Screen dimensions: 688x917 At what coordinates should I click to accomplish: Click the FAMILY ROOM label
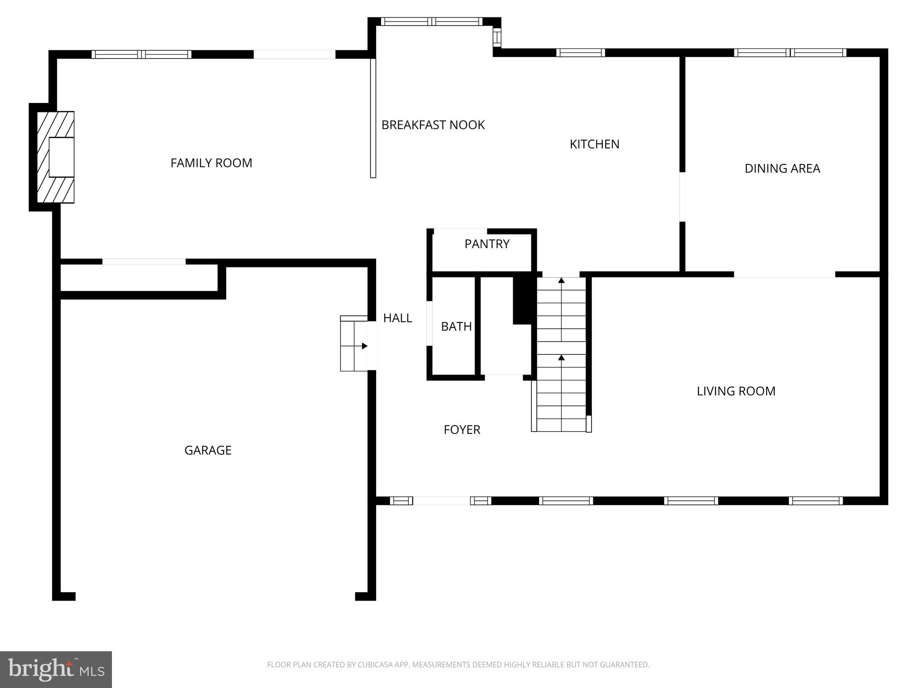click(x=211, y=163)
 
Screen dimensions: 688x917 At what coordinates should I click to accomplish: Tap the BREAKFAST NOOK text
click(x=433, y=125)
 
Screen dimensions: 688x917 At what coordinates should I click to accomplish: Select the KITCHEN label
click(x=594, y=144)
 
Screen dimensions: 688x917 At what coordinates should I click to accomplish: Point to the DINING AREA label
click(x=782, y=168)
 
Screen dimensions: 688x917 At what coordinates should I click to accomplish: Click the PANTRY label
click(x=487, y=244)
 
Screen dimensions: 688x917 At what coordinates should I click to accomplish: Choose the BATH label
click(x=456, y=327)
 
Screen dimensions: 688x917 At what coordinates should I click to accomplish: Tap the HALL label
click(x=397, y=318)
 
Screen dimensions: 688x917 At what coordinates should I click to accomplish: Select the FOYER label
click(x=462, y=430)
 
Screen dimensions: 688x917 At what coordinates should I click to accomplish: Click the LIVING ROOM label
click(x=736, y=391)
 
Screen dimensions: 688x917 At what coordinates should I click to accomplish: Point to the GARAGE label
click(x=208, y=451)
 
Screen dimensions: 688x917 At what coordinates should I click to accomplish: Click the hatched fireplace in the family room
click(x=55, y=157)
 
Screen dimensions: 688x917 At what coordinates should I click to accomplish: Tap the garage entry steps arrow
click(x=364, y=346)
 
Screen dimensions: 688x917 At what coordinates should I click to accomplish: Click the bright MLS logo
click(x=56, y=670)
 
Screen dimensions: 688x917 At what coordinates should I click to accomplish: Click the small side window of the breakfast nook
click(x=497, y=37)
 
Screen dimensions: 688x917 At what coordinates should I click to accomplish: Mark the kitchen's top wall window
click(x=580, y=53)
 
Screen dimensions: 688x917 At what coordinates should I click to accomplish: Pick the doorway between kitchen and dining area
click(x=682, y=197)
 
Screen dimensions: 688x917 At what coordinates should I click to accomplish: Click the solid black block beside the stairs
click(x=523, y=299)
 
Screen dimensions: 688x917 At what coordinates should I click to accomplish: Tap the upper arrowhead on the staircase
click(x=561, y=281)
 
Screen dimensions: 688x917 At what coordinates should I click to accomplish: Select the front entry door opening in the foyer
click(x=441, y=501)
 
